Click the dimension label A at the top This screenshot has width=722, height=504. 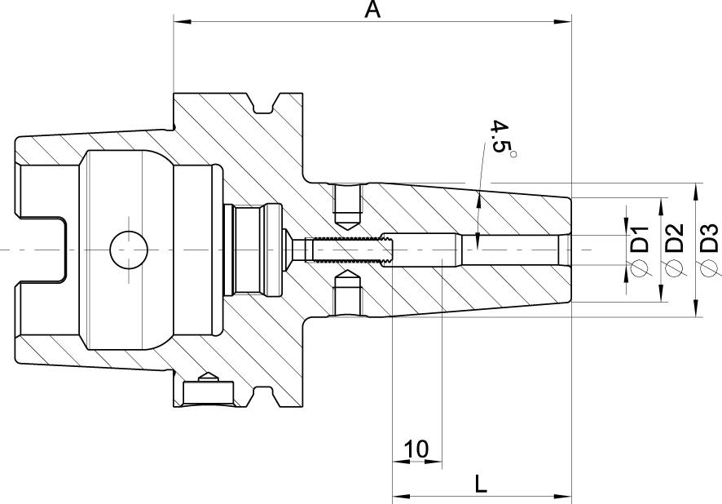[x=372, y=10]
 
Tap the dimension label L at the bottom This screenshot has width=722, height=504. [x=481, y=484]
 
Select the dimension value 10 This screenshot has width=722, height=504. [x=416, y=449]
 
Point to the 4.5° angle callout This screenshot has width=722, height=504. [x=500, y=139]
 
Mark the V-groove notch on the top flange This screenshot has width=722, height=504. [x=263, y=104]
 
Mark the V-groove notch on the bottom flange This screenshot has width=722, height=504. [x=263, y=396]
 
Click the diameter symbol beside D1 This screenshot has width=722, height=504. [x=640, y=267]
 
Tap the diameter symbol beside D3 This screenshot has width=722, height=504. [x=709, y=267]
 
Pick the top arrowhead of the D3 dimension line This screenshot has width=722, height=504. [x=695, y=190]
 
